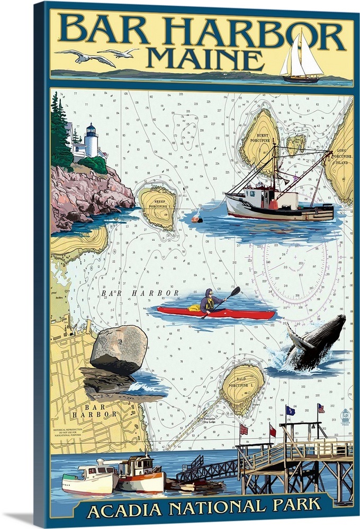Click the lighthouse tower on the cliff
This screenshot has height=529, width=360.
pyautogui.click(x=92, y=140)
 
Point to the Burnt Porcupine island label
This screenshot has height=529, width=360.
pyautogui.click(x=263, y=139)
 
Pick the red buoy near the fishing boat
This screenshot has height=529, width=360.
pyautogui.click(x=196, y=217)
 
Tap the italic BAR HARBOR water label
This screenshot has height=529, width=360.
pyautogui.click(x=139, y=293)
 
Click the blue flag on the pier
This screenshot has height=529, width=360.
pyautogui.click(x=290, y=411)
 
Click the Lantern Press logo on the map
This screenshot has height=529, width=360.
pyautogui.click(x=345, y=416)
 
